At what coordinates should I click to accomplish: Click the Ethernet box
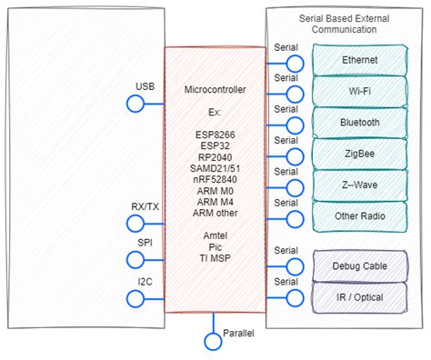(x=360, y=60)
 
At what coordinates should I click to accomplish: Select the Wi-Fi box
(x=360, y=92)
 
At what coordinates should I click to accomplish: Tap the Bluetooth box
(x=360, y=123)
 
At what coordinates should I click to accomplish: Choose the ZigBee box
(x=360, y=154)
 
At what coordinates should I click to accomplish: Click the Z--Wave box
(x=360, y=185)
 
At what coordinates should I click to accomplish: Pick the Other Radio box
(x=360, y=216)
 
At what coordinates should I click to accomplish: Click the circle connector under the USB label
(x=135, y=104)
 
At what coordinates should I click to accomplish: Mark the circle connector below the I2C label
(x=135, y=297)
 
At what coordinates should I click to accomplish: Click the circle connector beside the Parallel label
(x=213, y=341)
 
